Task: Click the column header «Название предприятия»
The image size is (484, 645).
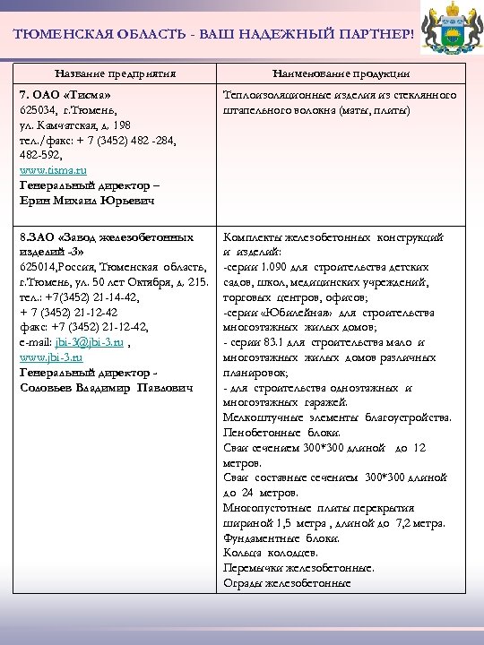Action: (115, 73)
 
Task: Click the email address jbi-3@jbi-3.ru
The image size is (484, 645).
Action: (89, 342)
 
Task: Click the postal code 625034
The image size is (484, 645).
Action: (38, 109)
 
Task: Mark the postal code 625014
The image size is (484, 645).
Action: (38, 268)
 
